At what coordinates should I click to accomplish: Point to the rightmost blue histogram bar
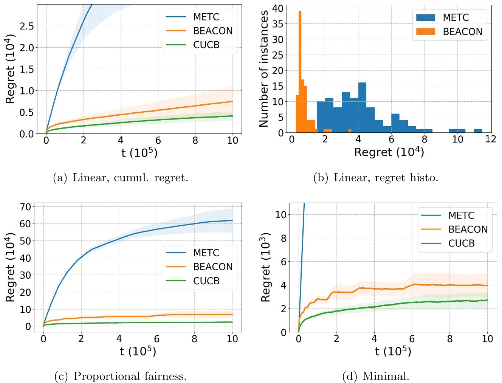coord(478,131)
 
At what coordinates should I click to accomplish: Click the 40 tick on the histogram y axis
coord(278,8)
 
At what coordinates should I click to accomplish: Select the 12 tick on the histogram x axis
coord(491,139)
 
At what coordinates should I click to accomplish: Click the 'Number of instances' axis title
coord(264,68)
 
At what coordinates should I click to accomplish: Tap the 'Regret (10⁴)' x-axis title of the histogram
coord(389,152)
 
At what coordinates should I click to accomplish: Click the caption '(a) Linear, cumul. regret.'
coord(121,178)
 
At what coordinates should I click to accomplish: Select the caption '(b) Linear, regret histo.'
coord(376,178)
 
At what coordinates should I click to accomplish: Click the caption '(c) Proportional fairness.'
coord(121,376)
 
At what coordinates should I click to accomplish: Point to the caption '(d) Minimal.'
coord(376,376)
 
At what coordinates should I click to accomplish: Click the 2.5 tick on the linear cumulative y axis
coord(26,26)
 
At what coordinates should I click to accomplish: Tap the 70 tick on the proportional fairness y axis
coord(26,207)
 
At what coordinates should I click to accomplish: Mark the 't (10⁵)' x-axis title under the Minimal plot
coord(393,352)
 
